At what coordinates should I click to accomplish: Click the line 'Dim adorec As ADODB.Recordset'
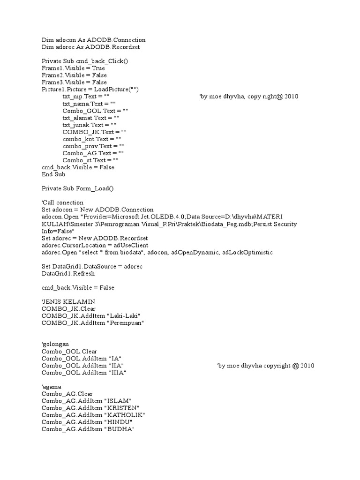(x=90, y=47)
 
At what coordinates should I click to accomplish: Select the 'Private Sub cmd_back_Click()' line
(x=85, y=61)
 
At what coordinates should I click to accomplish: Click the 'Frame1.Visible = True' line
(x=73, y=68)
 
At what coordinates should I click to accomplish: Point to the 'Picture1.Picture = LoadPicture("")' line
(x=90, y=89)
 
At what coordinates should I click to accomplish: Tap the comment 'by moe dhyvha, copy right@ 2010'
(x=249, y=97)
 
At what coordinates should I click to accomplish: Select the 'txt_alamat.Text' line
(x=91, y=118)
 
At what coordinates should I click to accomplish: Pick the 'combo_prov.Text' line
(x=94, y=146)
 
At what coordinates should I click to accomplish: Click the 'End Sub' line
(x=53, y=174)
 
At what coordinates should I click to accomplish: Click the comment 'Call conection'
(x=62, y=202)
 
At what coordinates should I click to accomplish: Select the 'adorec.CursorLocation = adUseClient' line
(x=95, y=245)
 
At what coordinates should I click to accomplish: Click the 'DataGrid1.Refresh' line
(x=68, y=273)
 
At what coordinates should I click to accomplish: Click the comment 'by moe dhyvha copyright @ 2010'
(x=266, y=366)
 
